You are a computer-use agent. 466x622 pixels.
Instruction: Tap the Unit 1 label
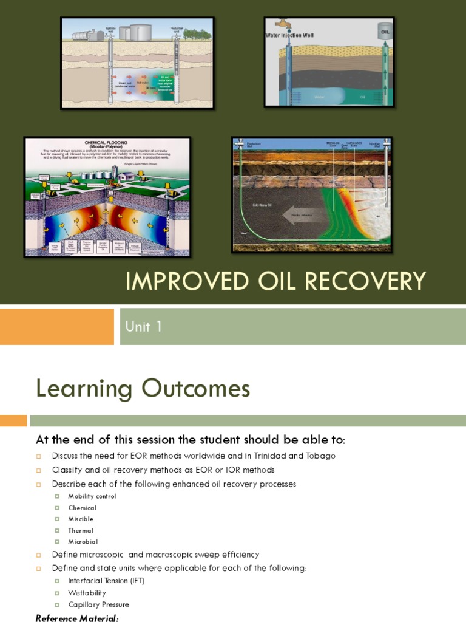point(144,327)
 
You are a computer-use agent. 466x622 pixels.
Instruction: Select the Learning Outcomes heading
point(143,388)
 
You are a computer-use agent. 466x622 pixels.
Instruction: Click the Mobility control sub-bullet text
point(92,496)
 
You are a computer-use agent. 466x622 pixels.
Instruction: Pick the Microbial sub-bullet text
point(83,542)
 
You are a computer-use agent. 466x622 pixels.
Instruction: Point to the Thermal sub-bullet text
point(81,530)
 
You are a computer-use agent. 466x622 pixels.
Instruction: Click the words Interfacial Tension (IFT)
point(106,581)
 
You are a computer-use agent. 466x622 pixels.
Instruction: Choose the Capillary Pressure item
point(98,604)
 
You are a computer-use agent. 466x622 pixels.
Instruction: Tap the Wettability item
point(87,593)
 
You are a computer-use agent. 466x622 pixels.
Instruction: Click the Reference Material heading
point(77,618)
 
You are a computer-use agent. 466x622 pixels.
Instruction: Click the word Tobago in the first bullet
point(316,456)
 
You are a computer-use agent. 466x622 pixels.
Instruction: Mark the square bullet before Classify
point(38,470)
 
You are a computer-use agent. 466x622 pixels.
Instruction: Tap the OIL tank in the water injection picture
point(385,31)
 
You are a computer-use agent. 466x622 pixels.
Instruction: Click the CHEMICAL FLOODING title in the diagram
point(107,144)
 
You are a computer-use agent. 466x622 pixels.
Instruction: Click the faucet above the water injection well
point(283,24)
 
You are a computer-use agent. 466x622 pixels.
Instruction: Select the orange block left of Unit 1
point(57,327)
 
